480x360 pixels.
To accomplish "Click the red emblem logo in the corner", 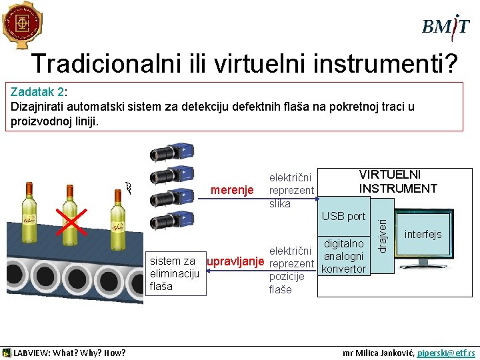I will coord(21,25).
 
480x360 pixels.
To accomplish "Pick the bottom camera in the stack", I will coord(173,221).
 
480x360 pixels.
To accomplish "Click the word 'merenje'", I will coord(232,190).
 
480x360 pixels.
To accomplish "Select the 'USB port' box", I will coord(343,216).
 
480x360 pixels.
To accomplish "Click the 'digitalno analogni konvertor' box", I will coord(343,256).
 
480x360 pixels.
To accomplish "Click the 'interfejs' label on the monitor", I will coord(423,235).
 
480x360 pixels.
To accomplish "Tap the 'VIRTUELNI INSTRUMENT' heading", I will coord(398,181).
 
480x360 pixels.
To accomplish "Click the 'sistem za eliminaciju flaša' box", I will coord(173,273).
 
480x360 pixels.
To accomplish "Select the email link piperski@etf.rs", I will coord(446,353).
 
